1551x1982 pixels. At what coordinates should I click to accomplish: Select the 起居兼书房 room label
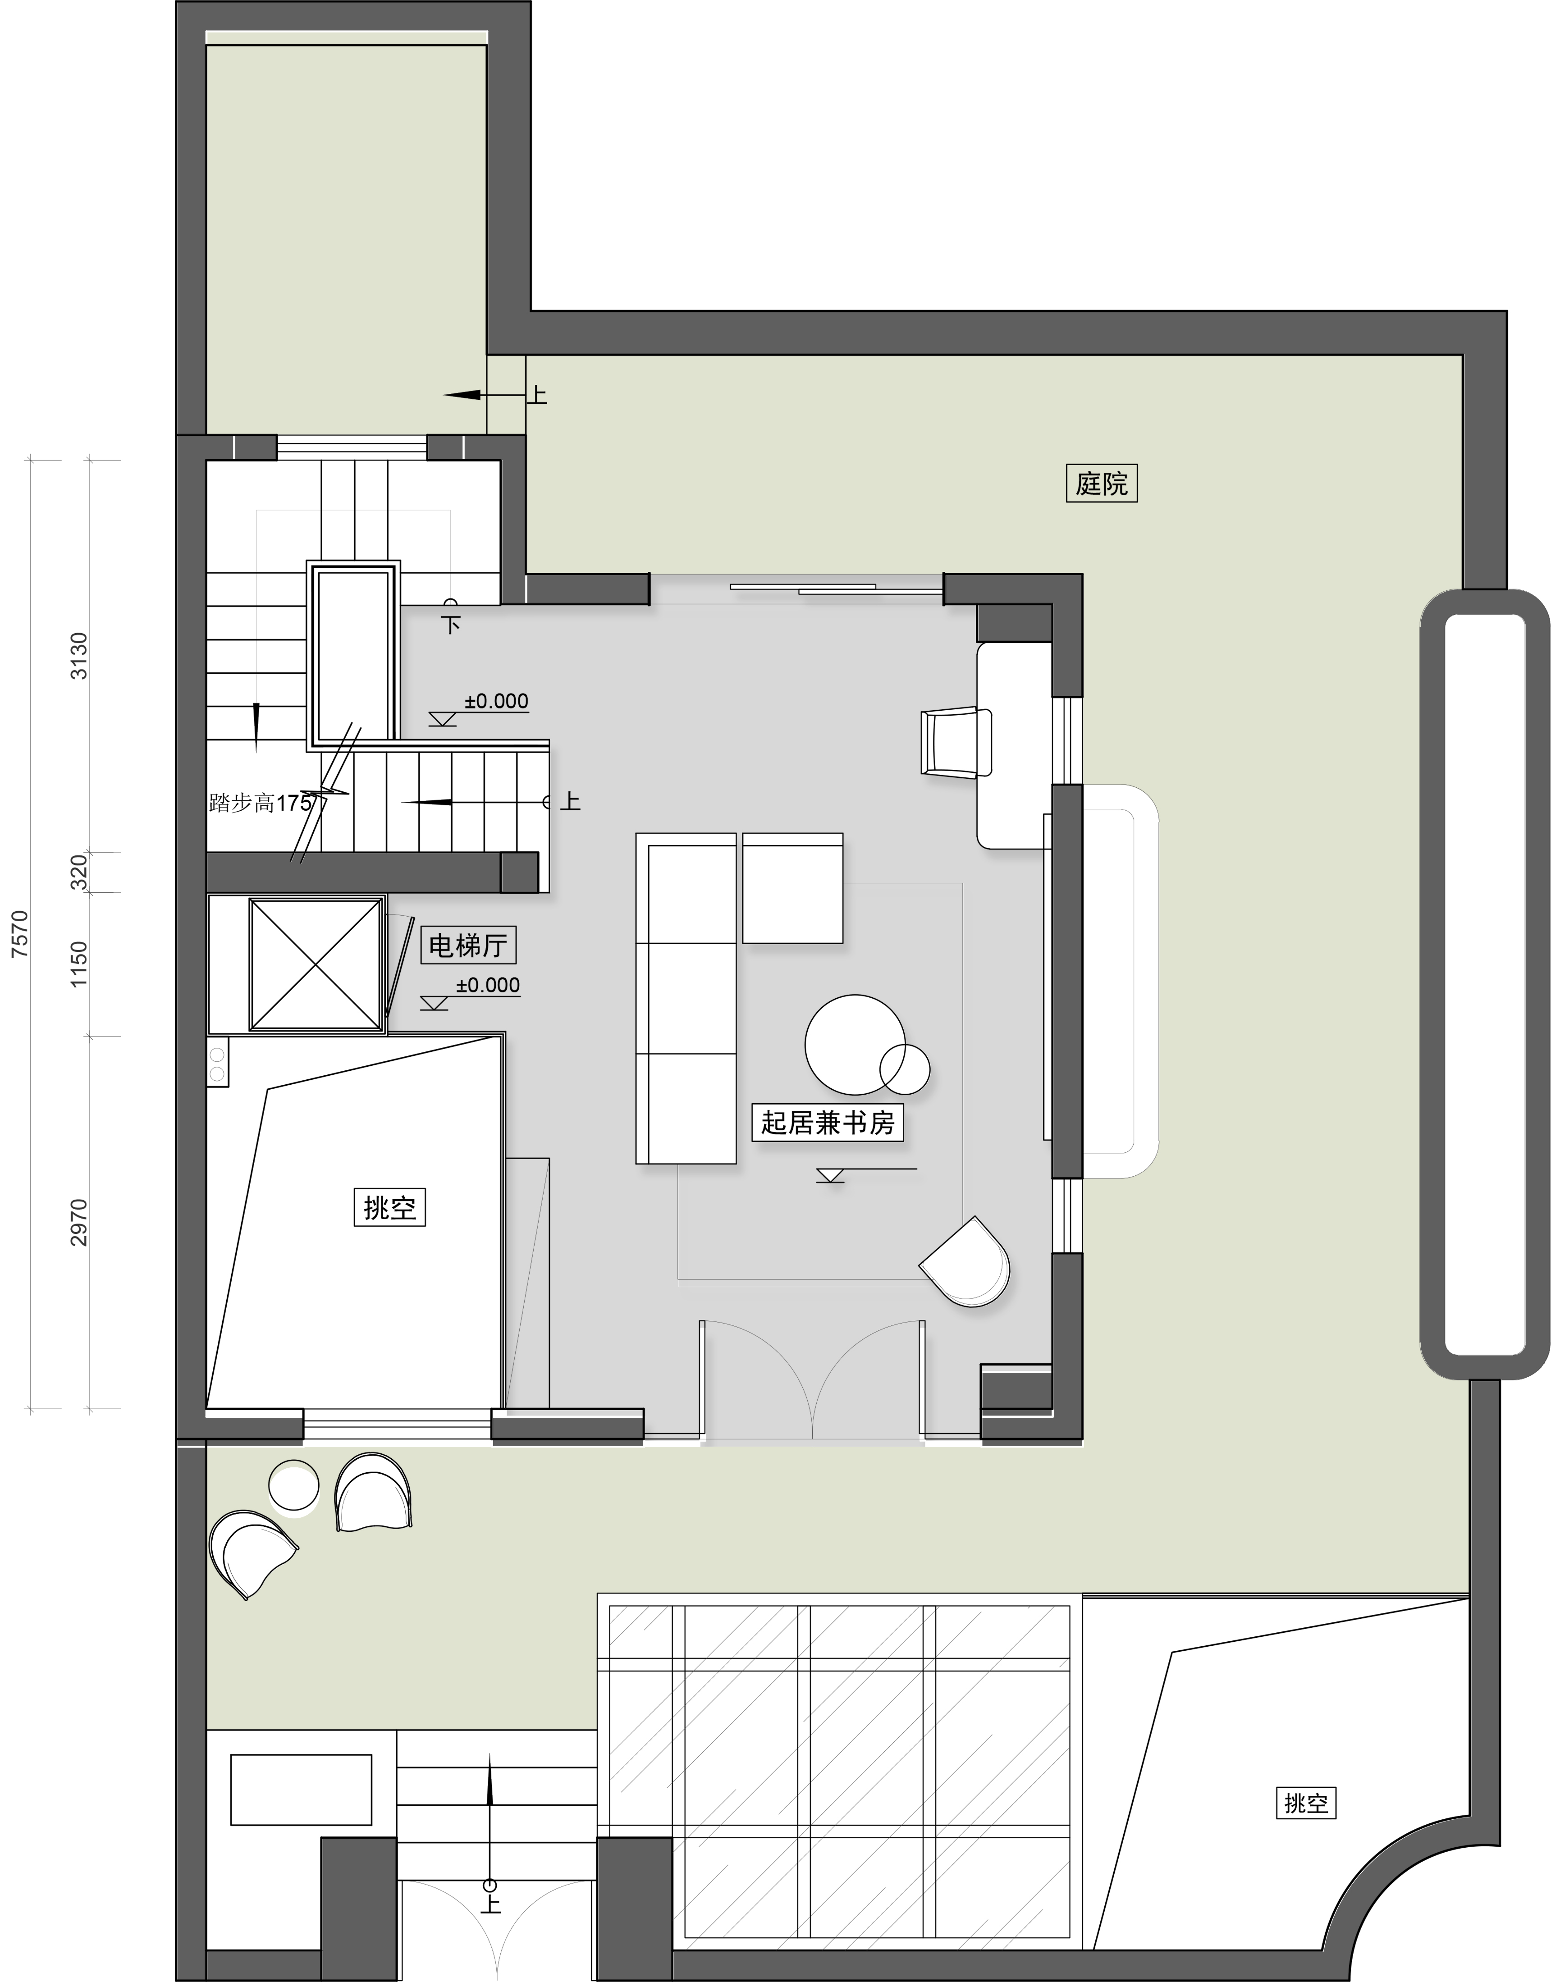coord(827,1123)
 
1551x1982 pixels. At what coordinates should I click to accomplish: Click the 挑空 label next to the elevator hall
coord(389,1207)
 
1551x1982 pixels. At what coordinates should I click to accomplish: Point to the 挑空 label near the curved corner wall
coord(1306,1820)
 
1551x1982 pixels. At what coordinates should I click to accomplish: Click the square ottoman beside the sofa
coord(793,888)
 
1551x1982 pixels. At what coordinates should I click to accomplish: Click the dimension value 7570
coord(20,934)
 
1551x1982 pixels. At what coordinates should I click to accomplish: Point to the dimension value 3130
coord(79,656)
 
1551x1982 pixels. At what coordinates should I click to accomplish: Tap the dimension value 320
coord(79,872)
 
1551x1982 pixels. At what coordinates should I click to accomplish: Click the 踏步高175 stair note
coord(260,803)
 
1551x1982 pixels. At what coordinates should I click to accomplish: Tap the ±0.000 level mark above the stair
coord(496,701)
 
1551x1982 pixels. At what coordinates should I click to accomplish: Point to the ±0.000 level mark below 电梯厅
coord(488,985)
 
